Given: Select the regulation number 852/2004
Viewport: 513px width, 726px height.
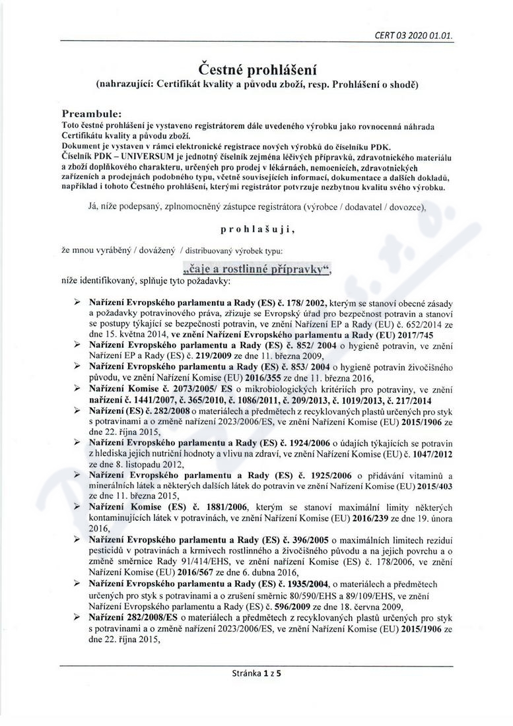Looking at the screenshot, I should coord(314,345).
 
